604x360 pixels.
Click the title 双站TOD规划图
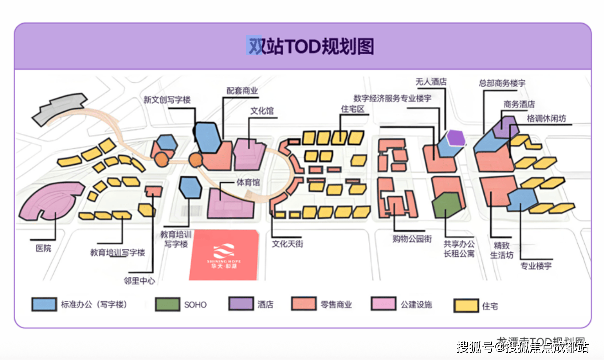pos(311,46)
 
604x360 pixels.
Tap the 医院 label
pos(43,249)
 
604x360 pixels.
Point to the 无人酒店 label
pos(431,82)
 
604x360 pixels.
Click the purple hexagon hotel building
pos(456,138)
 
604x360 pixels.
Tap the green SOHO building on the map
pos(447,204)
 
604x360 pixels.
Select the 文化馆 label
pos(262,111)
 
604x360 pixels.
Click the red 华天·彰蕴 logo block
pos(224,255)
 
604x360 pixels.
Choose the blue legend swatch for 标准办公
pos(44,304)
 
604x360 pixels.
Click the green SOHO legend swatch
pos(167,304)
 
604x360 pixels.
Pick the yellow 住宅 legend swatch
pos(466,306)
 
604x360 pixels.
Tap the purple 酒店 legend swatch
pos(241,304)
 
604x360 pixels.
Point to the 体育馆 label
pos(248,182)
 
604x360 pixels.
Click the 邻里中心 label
pos(139,281)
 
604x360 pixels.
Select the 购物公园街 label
pos(412,239)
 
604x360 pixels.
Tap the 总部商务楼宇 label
pos(502,83)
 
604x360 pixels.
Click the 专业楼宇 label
pos(536,266)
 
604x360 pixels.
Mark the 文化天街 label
pos(287,244)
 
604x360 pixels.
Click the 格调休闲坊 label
pos(546,119)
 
